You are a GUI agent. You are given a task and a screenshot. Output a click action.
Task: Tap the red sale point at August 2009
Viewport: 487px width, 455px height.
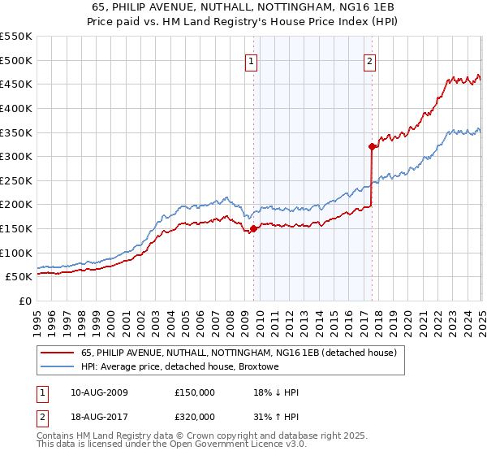coord(253,228)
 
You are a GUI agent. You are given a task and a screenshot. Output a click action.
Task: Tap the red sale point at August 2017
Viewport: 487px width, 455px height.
coord(372,147)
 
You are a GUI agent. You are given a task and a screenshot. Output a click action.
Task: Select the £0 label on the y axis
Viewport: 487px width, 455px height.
coord(24,301)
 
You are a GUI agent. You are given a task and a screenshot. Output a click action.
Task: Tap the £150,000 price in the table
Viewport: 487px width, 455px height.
coord(195,392)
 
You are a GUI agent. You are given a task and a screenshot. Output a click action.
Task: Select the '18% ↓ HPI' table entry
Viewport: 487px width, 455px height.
coord(277,392)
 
